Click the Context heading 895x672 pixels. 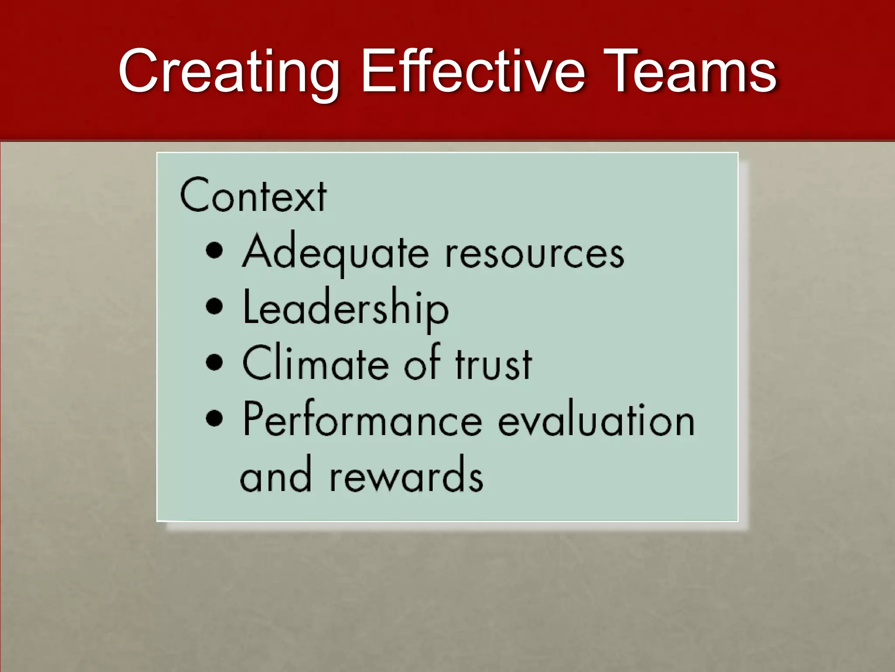click(253, 196)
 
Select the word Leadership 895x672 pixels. click(346, 308)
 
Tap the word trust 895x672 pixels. click(494, 364)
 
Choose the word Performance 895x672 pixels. click(363, 420)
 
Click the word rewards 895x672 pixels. click(406, 476)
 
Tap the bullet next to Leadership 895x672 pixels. click(214, 306)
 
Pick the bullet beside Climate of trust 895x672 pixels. click(214, 362)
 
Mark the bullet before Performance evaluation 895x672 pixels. click(214, 418)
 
